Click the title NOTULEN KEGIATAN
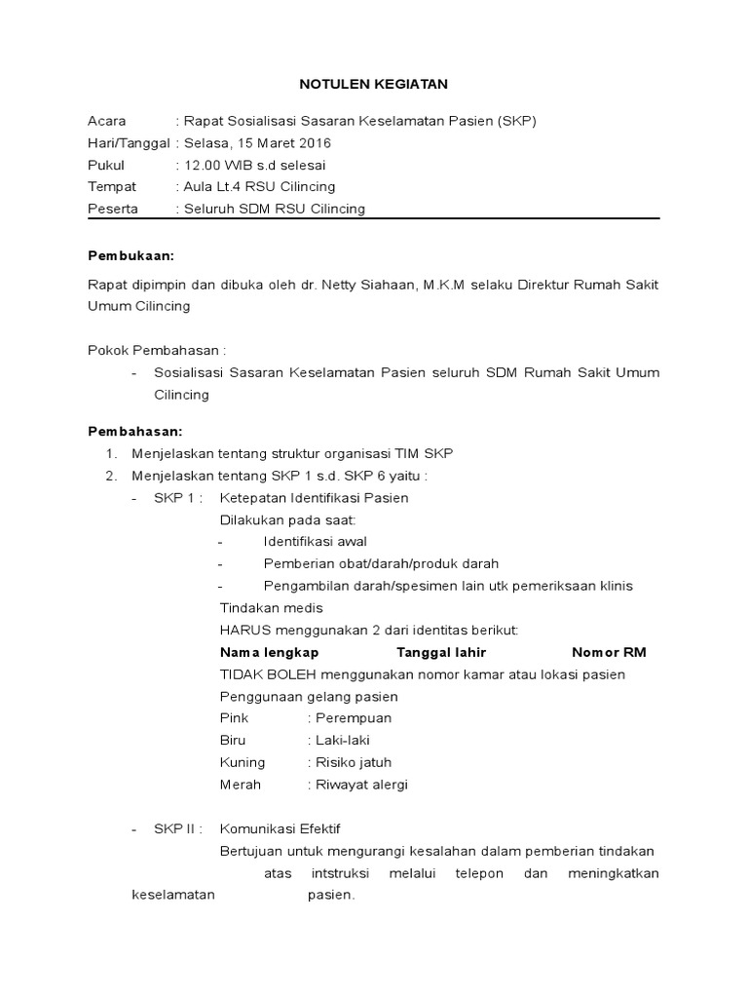[x=373, y=85]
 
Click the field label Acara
[x=106, y=121]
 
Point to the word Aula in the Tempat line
[x=198, y=186]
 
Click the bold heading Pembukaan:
[x=131, y=255]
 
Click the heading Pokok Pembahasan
[x=157, y=349]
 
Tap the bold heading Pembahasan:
[x=135, y=431]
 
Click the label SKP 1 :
[x=177, y=498]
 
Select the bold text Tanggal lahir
[x=441, y=652]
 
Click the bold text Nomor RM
[x=609, y=652]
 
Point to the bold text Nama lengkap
[x=270, y=652]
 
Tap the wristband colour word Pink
[x=235, y=718]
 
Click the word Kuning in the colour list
[x=243, y=762]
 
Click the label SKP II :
[x=178, y=829]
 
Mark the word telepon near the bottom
[x=479, y=873]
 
